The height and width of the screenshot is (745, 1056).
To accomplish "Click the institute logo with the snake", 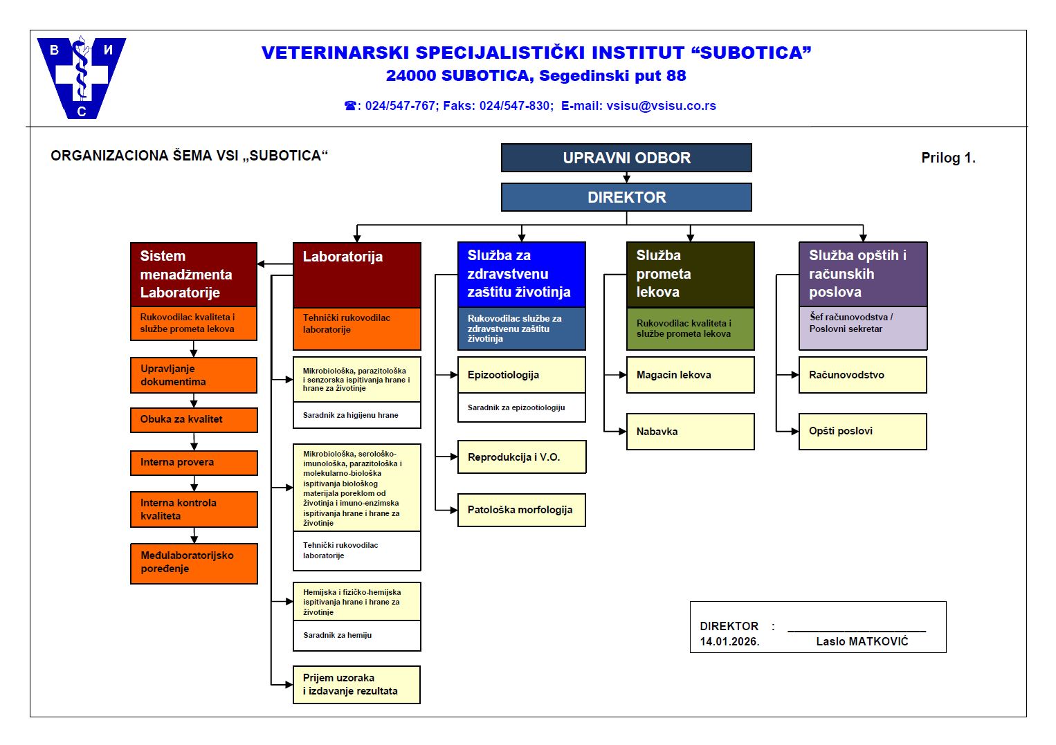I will point(81,77).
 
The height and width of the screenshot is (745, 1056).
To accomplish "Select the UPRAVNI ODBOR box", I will point(626,158).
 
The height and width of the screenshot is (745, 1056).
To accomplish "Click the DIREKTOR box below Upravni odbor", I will point(626,197).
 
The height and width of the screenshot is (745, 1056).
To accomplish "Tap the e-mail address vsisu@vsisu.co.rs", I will point(661,106).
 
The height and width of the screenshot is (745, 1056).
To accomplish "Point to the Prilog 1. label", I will point(948,158).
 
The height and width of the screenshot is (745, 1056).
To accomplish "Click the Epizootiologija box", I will point(521,375).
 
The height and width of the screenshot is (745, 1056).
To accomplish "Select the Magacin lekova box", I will point(690,375).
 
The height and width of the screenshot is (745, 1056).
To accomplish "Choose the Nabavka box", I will point(690,432).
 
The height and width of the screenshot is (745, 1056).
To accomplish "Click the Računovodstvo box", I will point(862,375).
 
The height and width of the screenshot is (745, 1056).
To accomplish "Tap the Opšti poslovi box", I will point(862,432).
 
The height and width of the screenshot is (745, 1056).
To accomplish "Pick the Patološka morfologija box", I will point(521,510).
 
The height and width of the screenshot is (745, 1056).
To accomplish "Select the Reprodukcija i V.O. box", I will point(521,457).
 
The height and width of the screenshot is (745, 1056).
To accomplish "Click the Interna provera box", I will point(194,463).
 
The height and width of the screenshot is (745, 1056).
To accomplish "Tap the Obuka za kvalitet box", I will point(194,420).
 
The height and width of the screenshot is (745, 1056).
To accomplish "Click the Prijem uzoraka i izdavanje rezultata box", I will point(356,685).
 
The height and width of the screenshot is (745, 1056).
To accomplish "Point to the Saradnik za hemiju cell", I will point(356,636).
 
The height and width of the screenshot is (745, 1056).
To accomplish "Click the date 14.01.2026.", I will point(729,641).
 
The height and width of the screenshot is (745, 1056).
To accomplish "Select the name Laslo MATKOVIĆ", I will point(862,641).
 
